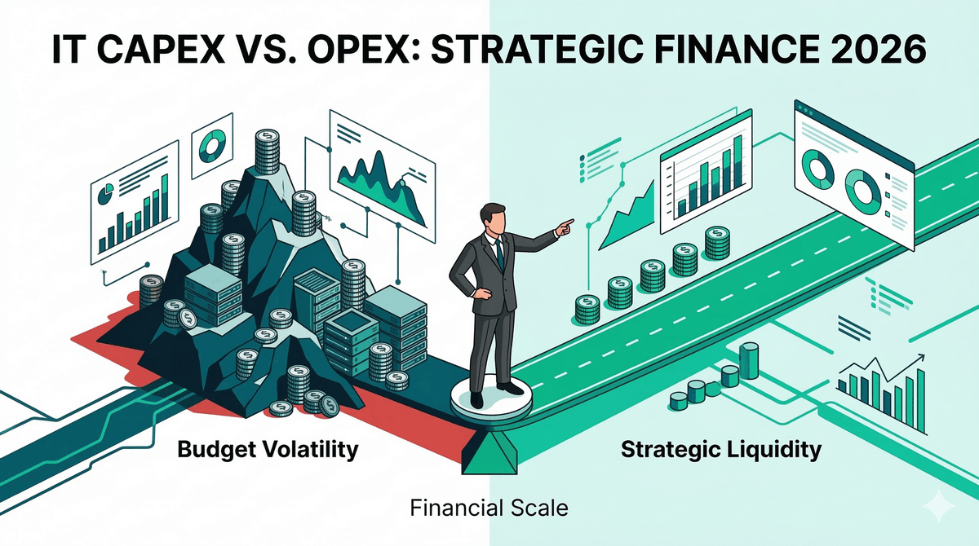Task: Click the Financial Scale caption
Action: click(x=489, y=509)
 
